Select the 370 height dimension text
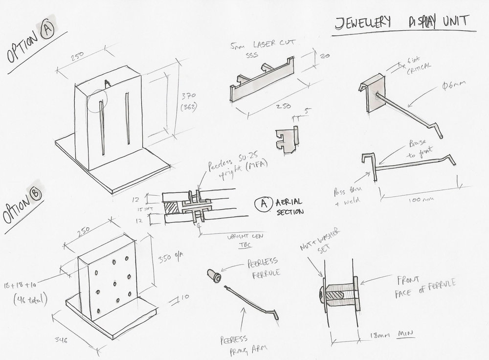(186, 96)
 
